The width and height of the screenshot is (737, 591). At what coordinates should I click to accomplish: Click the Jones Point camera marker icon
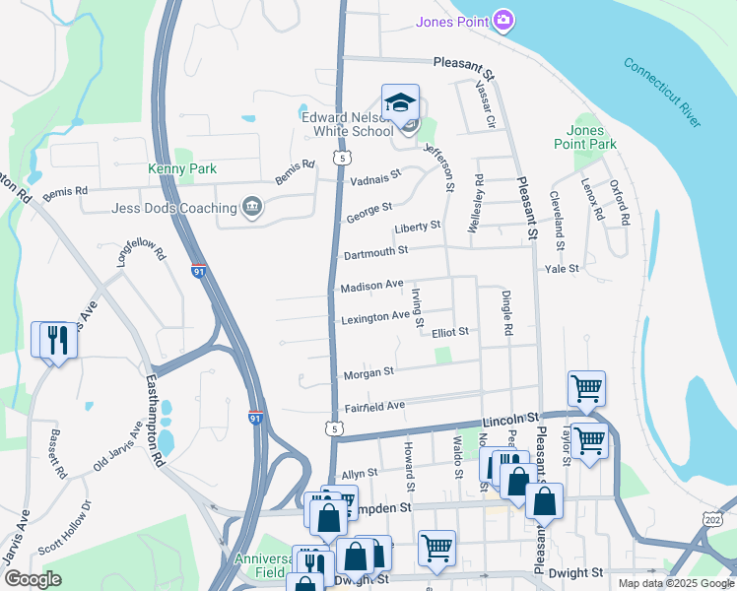click(x=503, y=21)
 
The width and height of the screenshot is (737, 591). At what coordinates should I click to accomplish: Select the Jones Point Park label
click(x=591, y=137)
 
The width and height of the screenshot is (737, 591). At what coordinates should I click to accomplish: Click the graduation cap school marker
click(x=400, y=102)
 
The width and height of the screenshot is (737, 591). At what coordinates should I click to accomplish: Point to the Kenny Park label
click(x=182, y=169)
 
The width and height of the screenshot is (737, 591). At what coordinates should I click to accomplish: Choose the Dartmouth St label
click(x=375, y=253)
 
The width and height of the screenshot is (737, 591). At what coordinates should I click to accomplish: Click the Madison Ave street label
click(x=371, y=286)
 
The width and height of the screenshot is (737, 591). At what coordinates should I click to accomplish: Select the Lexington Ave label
click(x=374, y=318)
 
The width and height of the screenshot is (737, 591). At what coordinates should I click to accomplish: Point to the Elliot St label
click(x=449, y=333)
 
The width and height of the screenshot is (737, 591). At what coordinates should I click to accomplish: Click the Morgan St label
click(x=368, y=373)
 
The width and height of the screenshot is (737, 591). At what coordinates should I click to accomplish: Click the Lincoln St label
click(x=508, y=421)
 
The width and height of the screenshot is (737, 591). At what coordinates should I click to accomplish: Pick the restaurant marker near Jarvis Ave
click(x=54, y=340)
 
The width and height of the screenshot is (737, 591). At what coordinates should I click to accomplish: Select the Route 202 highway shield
click(x=712, y=518)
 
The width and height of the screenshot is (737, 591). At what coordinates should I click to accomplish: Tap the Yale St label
click(x=562, y=268)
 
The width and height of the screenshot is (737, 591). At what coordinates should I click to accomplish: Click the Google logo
click(x=32, y=579)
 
